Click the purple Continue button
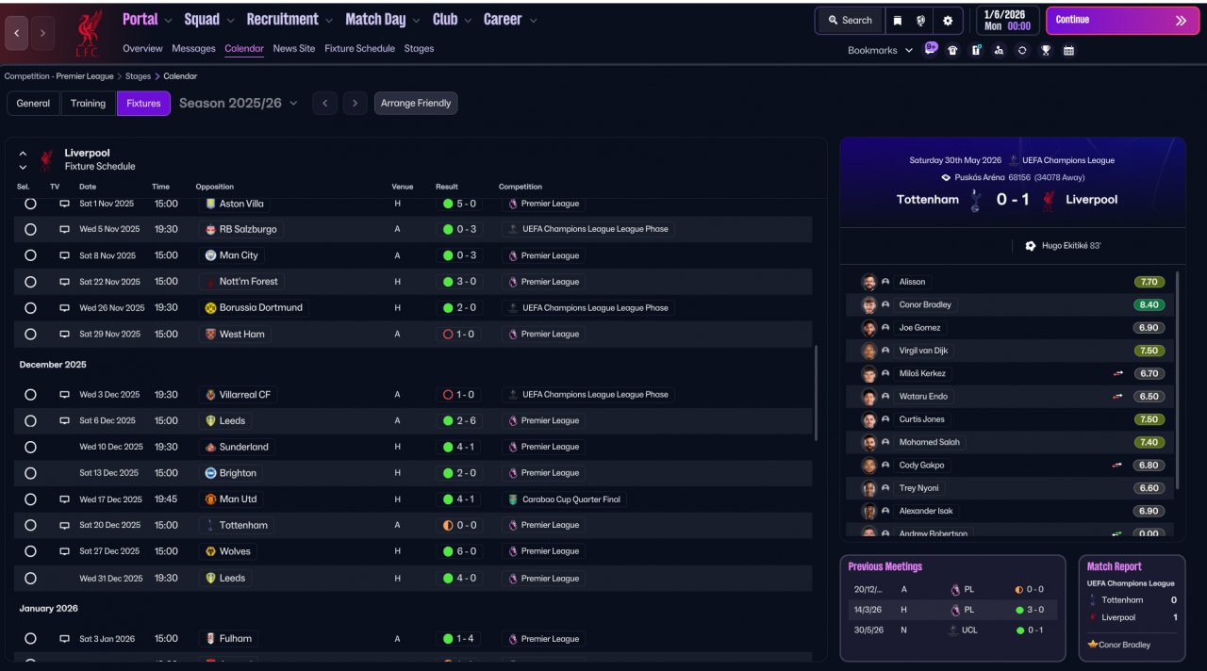click(x=1120, y=20)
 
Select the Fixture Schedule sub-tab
click(x=359, y=48)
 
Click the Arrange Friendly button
click(x=416, y=103)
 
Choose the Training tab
click(x=88, y=103)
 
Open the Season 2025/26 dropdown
click(x=238, y=103)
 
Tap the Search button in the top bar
click(x=850, y=20)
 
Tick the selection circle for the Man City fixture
click(x=30, y=255)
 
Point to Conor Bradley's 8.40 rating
click(x=1149, y=304)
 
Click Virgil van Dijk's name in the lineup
click(x=924, y=351)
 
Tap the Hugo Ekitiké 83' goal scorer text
click(x=1070, y=246)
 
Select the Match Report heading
click(x=1114, y=566)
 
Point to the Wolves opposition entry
click(x=234, y=551)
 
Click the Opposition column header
click(x=215, y=187)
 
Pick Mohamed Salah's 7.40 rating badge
click(x=1149, y=442)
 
